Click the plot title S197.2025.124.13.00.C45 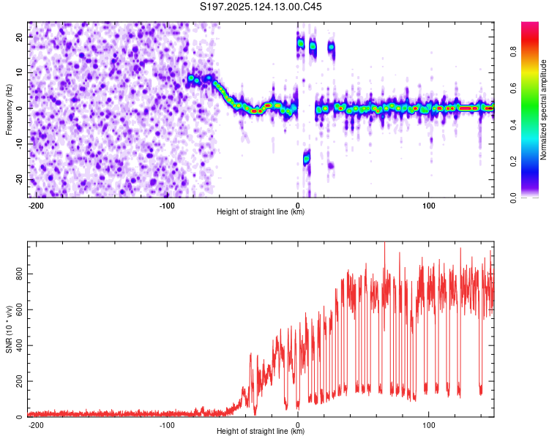tap(261, 7)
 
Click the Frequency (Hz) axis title tap(9, 110)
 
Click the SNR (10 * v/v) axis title tap(9, 329)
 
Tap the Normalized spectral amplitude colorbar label tap(543, 110)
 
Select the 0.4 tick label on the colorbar tap(513, 124)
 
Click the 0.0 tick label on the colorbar tap(513, 198)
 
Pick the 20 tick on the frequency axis tap(20, 37)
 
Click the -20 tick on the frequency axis tap(20, 179)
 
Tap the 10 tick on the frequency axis tap(20, 72)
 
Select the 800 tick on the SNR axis tap(20, 274)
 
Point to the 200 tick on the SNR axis tap(20, 381)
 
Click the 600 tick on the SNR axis tap(20, 309)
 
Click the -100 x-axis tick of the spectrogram tap(167, 206)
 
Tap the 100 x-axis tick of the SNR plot tap(428, 425)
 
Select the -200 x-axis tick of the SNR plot tap(36, 425)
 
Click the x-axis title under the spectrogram tap(261, 211)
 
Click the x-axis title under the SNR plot tap(261, 431)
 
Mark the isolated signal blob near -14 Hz tap(307, 159)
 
